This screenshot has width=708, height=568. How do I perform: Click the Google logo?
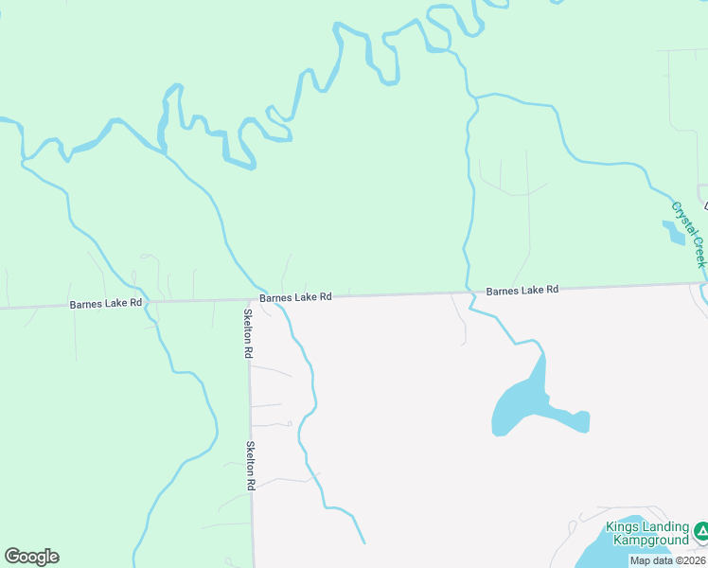[31, 557]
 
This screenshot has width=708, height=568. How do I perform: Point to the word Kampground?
[650, 540]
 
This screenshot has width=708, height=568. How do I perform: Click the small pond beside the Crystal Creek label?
[673, 232]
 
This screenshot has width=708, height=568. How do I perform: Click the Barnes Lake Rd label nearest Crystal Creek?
[522, 290]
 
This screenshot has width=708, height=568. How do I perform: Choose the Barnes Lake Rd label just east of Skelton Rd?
[295, 296]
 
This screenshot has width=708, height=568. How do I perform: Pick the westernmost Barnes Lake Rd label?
[105, 304]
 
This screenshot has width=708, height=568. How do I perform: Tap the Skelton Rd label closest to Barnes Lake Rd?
[248, 333]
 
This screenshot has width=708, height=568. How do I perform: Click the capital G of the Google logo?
[12, 557]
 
